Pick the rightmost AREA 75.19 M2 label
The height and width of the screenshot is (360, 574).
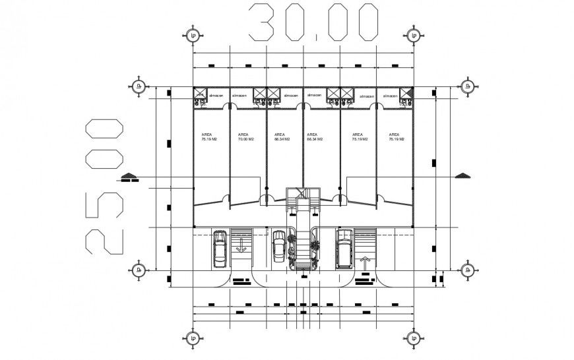pos(396,136)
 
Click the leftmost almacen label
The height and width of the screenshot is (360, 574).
pos(216,96)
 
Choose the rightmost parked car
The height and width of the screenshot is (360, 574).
pos(344,249)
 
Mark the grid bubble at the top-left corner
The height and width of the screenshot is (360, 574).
pos(193,35)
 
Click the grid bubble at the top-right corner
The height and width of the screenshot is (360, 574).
pos(414,35)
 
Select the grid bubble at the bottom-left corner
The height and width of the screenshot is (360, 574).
pos(193,340)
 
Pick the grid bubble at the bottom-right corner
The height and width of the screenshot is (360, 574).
pos(414,340)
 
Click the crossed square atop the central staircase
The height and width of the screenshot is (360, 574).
pos(302,193)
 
